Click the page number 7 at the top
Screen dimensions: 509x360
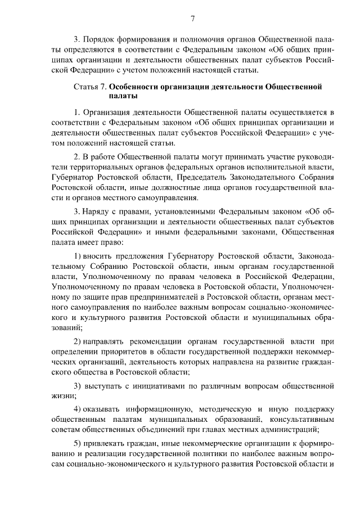pyautogui.click(x=192, y=19)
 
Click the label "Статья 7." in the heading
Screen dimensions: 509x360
pyautogui.click(x=90, y=87)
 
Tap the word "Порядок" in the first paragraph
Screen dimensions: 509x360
pyautogui.click(x=99, y=41)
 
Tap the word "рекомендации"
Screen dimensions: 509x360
pyautogui.click(x=152, y=341)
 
